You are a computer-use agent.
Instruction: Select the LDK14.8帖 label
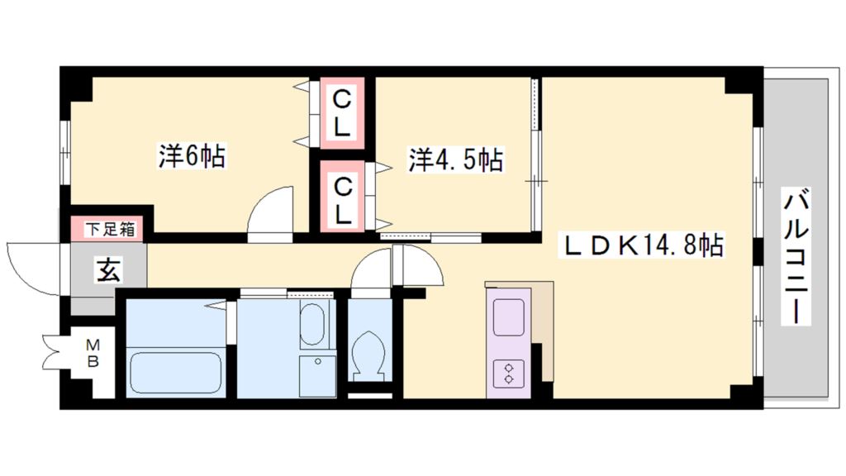pyautogui.click(x=644, y=245)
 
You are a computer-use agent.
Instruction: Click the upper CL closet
pyautogui.click(x=341, y=113)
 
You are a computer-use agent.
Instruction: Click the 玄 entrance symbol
pyautogui.click(x=108, y=269)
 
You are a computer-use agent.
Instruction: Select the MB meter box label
pyautogui.click(x=93, y=353)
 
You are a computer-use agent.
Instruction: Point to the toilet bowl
pyautogui.click(x=367, y=355)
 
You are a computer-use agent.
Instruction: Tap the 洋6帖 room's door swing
pyautogui.click(x=270, y=213)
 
